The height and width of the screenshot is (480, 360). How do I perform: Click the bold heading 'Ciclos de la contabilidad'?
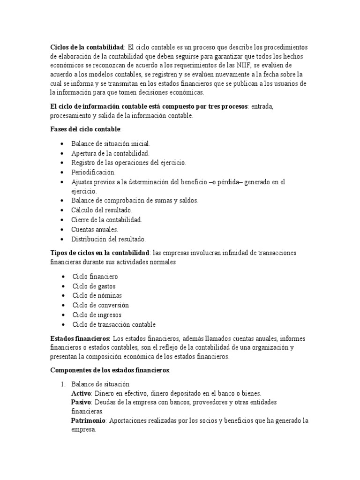pos(87,47)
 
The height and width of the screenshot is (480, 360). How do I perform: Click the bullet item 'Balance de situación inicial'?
pos(111,144)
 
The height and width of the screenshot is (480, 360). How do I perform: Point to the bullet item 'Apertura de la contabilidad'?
pos(110,153)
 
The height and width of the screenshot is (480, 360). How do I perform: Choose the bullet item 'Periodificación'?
pos(93,172)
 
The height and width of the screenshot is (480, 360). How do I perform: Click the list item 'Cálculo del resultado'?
pos(102,210)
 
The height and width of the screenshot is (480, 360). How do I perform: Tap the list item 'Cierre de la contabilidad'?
pos(106,220)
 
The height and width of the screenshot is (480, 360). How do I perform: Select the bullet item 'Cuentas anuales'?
pos(95,229)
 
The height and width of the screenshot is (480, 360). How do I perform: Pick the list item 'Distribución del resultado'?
pos(109,239)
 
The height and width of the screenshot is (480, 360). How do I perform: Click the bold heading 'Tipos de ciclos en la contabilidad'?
pos(100,253)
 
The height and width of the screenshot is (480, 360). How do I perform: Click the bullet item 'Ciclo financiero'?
pos(95,277)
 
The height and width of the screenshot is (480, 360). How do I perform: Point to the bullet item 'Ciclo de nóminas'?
pos(97,296)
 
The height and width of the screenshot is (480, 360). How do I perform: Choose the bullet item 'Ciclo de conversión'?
pos(100,305)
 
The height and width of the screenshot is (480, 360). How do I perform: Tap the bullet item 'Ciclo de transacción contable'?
pos(114,324)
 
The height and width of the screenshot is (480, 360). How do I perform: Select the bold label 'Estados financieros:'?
pos(80,338)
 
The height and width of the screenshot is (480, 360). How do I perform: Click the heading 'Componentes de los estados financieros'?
pos(110,370)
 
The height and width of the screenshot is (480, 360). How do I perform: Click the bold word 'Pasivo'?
pos(81,402)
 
